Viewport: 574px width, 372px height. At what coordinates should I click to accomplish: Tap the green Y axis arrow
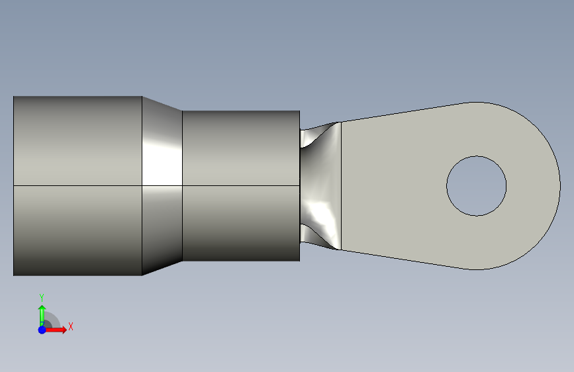pyautogui.click(x=42, y=314)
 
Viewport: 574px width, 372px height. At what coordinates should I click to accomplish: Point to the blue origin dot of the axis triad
pyautogui.click(x=42, y=330)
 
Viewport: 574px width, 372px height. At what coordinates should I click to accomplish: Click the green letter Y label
pyautogui.click(x=42, y=297)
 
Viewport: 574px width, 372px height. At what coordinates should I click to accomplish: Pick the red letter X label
pyautogui.click(x=71, y=326)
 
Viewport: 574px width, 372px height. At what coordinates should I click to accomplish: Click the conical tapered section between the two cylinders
pyautogui.click(x=162, y=185)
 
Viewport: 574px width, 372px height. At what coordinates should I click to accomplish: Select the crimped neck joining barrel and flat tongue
pyautogui.click(x=320, y=186)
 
